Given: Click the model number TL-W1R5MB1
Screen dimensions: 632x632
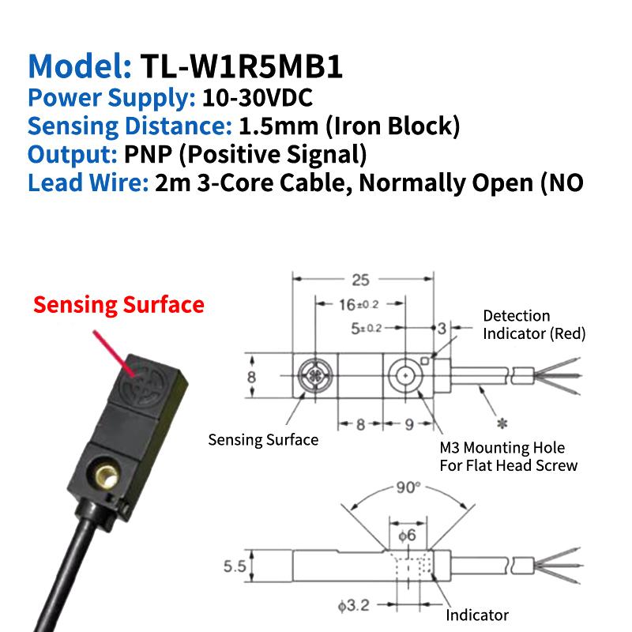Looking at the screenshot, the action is click(242, 66).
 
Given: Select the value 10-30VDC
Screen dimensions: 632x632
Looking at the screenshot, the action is click(258, 97).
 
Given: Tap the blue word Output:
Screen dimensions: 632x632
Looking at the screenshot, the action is click(72, 154).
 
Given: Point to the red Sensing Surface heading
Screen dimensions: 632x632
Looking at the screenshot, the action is click(118, 304).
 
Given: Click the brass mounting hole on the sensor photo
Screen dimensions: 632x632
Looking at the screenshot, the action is click(107, 477).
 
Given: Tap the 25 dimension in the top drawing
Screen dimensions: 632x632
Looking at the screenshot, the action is click(360, 280).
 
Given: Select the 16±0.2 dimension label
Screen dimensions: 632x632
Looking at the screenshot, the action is click(359, 305).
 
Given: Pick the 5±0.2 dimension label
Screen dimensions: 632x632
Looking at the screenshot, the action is click(366, 329).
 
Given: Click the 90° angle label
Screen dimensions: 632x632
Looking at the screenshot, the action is click(408, 487).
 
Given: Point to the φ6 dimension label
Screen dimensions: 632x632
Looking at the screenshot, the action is click(407, 536).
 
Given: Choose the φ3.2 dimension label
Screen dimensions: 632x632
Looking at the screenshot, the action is click(353, 605).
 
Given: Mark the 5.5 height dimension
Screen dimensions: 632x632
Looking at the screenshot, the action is click(235, 566).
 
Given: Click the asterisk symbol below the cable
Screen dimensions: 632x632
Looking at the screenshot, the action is click(502, 423).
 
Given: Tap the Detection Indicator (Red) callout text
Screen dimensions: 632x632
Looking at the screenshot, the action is click(534, 325).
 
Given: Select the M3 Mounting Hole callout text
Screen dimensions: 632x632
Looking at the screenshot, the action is click(502, 447).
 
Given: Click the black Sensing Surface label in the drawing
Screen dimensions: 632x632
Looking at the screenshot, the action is click(263, 439).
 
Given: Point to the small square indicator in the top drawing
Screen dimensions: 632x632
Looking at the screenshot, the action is click(424, 361).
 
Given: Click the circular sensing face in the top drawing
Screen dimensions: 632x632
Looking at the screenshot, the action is click(314, 376).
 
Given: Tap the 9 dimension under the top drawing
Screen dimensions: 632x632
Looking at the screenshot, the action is click(409, 424).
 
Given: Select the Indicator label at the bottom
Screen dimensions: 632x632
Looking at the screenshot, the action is click(477, 615).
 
